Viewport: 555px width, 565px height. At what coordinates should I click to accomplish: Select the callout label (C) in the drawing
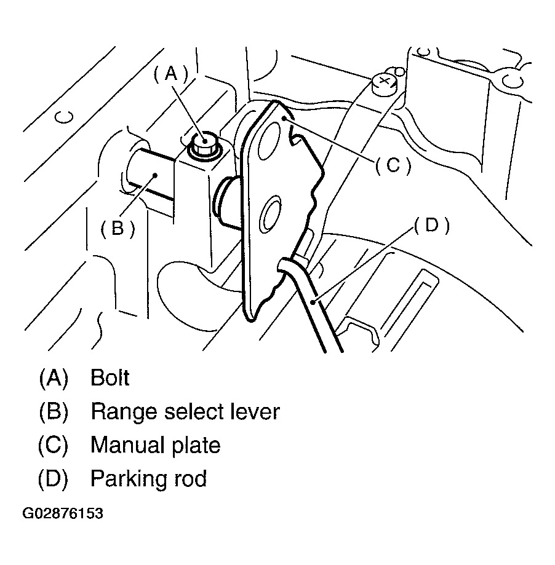392,165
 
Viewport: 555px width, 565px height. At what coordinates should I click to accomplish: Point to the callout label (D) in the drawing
431,226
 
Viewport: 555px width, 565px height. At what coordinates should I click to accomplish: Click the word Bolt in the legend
110,377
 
